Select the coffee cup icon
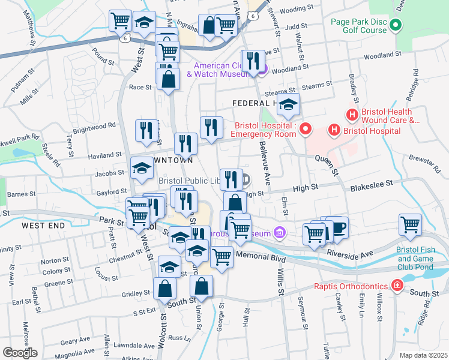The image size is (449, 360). tap(339, 228)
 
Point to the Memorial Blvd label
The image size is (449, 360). tap(260, 256)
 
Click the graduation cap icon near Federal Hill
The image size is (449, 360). tap(289, 106)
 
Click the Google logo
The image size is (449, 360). tap(19, 353)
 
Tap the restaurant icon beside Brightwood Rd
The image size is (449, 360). tap(146, 131)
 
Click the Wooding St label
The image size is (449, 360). tap(294, 10)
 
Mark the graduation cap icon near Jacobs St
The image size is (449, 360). tap(142, 170)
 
